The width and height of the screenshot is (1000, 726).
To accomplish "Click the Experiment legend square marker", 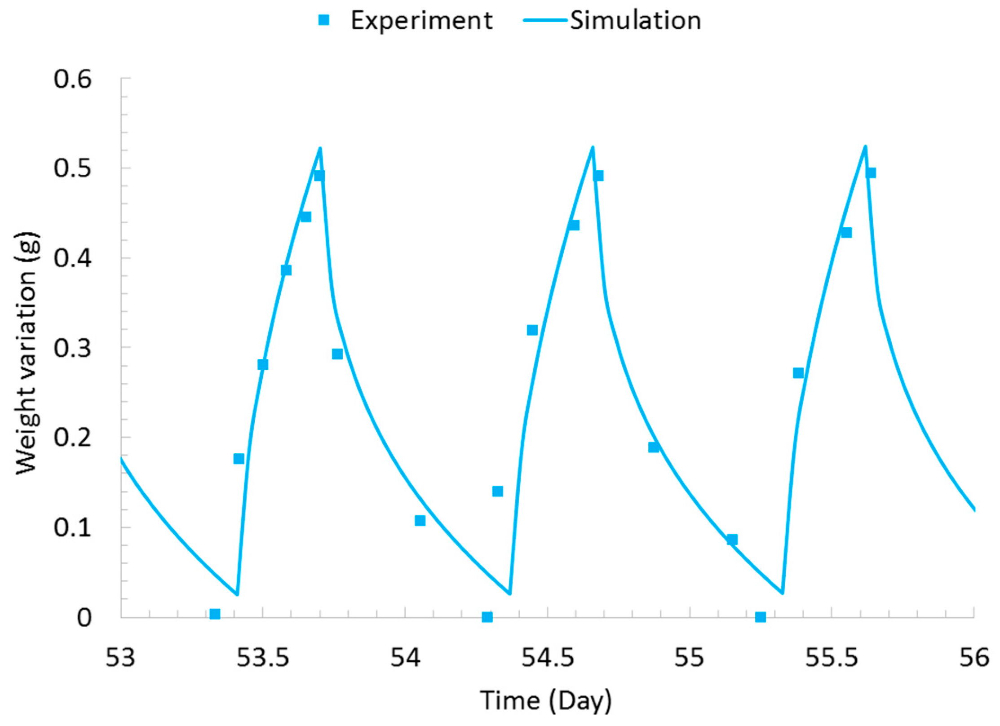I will [323, 20].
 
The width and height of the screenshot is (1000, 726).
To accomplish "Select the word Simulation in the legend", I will [635, 21].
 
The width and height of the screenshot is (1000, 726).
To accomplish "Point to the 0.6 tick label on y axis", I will [72, 79].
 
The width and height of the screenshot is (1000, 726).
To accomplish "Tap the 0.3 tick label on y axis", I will [72, 348].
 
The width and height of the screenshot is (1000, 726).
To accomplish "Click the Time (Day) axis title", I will [546, 700].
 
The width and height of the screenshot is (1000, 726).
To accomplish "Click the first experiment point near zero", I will [215, 614].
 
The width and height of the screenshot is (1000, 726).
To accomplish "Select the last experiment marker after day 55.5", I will [871, 173].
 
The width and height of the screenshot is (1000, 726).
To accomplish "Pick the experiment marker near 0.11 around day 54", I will [420, 521].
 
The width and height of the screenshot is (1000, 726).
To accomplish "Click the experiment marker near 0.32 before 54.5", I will [532, 330].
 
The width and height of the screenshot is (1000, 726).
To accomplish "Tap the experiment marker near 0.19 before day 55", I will [654, 447].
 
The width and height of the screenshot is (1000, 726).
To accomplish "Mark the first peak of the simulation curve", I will [320, 148].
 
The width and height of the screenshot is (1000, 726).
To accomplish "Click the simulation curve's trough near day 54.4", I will [509, 594].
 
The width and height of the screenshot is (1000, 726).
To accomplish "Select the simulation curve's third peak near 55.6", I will [865, 147].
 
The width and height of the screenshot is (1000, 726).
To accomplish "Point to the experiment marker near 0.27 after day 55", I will [798, 373].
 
